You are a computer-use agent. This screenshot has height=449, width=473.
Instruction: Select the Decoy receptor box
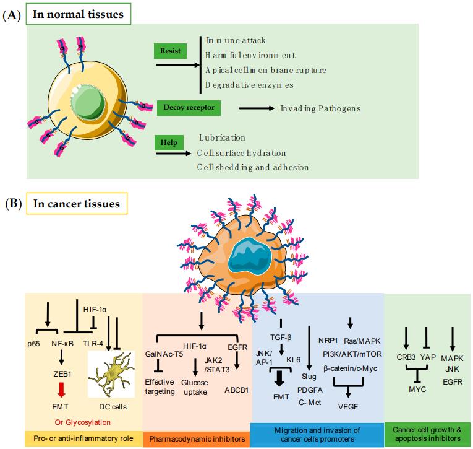pyautogui.click(x=189, y=108)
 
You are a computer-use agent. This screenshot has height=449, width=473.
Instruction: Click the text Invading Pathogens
pyautogui.click(x=320, y=108)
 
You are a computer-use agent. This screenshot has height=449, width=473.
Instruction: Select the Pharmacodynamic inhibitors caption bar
pyautogui.click(x=195, y=439)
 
